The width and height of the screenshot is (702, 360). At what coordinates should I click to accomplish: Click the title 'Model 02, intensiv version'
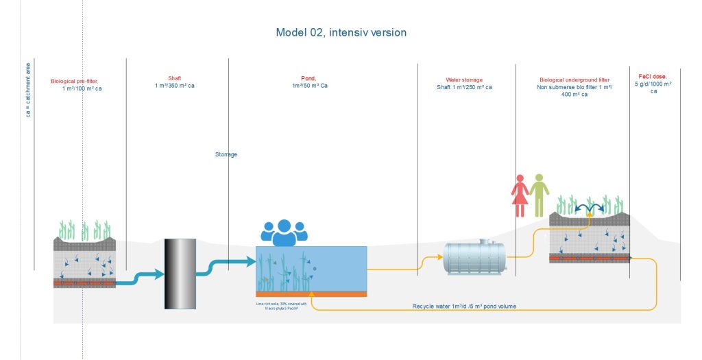pyautogui.click(x=341, y=33)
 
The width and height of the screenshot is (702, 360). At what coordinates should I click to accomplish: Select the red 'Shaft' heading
pyautogui.click(x=175, y=78)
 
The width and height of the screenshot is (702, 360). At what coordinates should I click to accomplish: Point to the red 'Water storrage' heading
pyautogui.click(x=464, y=80)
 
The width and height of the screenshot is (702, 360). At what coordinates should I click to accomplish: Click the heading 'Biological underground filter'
pyautogui.click(x=575, y=80)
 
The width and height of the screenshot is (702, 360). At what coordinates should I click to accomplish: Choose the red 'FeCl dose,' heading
pyautogui.click(x=653, y=76)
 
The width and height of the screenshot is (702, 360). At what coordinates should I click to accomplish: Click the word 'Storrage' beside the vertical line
pyautogui.click(x=226, y=154)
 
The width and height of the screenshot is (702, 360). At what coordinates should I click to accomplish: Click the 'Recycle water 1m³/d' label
pyautogui.click(x=464, y=306)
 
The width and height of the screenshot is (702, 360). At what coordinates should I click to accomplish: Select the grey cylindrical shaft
pyautogui.click(x=180, y=273)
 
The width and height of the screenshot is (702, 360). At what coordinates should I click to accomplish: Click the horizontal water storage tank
pyautogui.click(x=475, y=258)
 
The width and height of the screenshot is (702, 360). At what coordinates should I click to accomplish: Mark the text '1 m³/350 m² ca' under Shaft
pyautogui.click(x=175, y=86)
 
